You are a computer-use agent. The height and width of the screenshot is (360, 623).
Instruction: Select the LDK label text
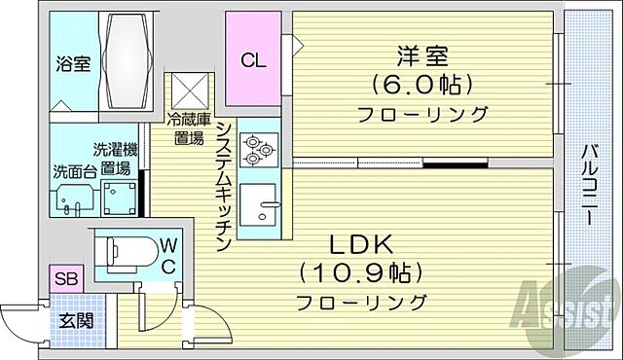352,240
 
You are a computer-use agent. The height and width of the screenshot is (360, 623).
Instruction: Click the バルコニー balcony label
589,185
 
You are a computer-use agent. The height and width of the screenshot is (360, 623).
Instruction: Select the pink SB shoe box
65,280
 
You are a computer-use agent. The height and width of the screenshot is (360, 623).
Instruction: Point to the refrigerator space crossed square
187,91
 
